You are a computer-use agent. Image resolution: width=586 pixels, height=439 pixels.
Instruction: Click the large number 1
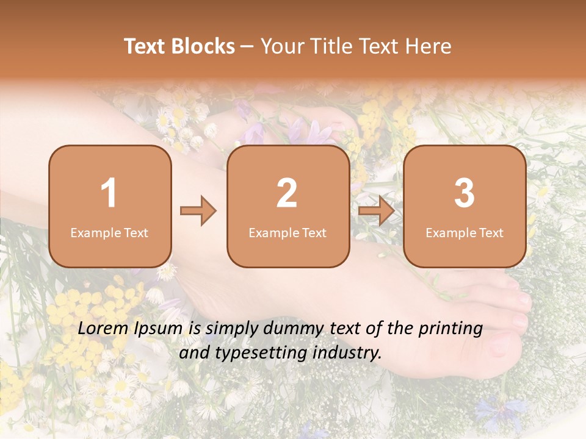109,193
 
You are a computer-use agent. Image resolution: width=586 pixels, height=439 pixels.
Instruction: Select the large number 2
287,193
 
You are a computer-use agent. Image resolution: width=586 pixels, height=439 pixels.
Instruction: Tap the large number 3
465,193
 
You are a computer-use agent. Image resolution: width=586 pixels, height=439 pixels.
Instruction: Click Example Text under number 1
109,233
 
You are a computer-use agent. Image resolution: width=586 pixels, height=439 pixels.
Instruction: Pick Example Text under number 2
288,233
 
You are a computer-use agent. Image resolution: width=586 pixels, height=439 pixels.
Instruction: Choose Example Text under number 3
465,233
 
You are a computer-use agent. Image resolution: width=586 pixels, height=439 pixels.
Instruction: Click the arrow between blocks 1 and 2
198,211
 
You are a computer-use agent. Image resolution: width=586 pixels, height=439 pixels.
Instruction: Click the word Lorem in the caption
103,329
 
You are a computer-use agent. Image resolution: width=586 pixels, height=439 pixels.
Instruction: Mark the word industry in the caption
349,352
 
